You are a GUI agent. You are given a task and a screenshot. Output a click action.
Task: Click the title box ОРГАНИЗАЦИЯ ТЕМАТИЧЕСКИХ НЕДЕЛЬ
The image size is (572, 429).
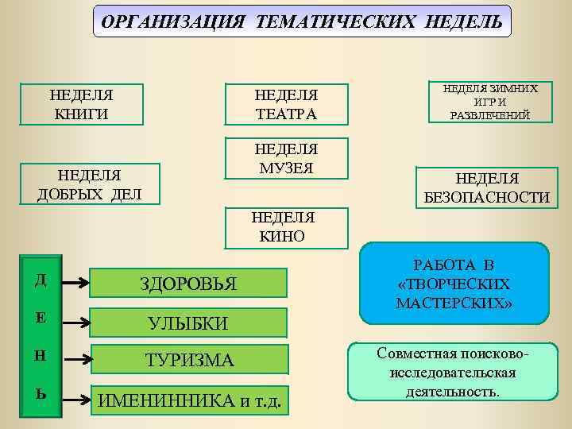pos(303,21)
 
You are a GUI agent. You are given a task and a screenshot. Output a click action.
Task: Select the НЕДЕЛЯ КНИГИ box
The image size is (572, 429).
pos(81,104)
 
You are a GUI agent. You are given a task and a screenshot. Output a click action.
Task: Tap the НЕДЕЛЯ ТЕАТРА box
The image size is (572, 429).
pos(286,104)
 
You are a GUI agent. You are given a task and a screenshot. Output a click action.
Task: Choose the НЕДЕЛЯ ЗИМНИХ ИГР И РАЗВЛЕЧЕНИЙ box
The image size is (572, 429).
pos(489,102)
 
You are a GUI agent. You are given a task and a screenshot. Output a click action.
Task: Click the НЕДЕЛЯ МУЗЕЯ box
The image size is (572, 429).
pos(286,159)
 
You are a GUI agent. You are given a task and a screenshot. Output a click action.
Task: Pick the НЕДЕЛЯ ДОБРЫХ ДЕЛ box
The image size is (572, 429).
pos(89,184)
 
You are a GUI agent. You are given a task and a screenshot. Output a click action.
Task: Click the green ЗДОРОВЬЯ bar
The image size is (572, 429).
pos(188,283)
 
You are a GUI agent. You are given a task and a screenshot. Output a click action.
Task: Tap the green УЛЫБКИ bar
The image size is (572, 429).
pos(188,323)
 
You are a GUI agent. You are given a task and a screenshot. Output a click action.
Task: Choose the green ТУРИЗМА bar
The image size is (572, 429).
pos(188,360)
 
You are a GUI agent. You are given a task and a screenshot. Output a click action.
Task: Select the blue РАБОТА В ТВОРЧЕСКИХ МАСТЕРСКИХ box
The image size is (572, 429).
pos(454,284)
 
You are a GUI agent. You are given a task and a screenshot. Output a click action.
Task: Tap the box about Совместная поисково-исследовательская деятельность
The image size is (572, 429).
pos(454,371)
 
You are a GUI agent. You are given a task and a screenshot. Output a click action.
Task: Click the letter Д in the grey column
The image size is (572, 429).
pos(41,279)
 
